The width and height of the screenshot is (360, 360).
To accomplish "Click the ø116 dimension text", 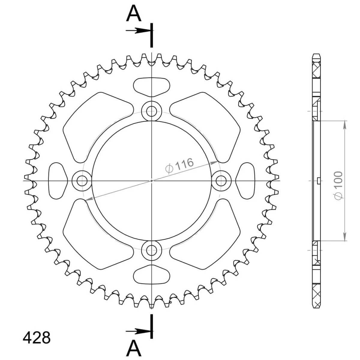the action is click(x=179, y=166).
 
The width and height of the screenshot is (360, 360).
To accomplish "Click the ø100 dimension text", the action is click(x=338, y=185).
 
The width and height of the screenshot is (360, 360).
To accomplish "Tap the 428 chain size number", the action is click(x=37, y=338).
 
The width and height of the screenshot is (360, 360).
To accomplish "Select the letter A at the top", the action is click(x=133, y=13).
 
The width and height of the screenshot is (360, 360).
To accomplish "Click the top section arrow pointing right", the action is click(x=138, y=30).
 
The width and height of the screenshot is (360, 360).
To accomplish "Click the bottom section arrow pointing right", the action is click(x=138, y=331).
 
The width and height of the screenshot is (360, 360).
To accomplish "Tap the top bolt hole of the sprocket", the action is click(x=151, y=111).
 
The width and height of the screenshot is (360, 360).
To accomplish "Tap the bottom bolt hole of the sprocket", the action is click(x=151, y=250).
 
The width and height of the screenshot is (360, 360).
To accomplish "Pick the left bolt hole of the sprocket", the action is click(x=82, y=181).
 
